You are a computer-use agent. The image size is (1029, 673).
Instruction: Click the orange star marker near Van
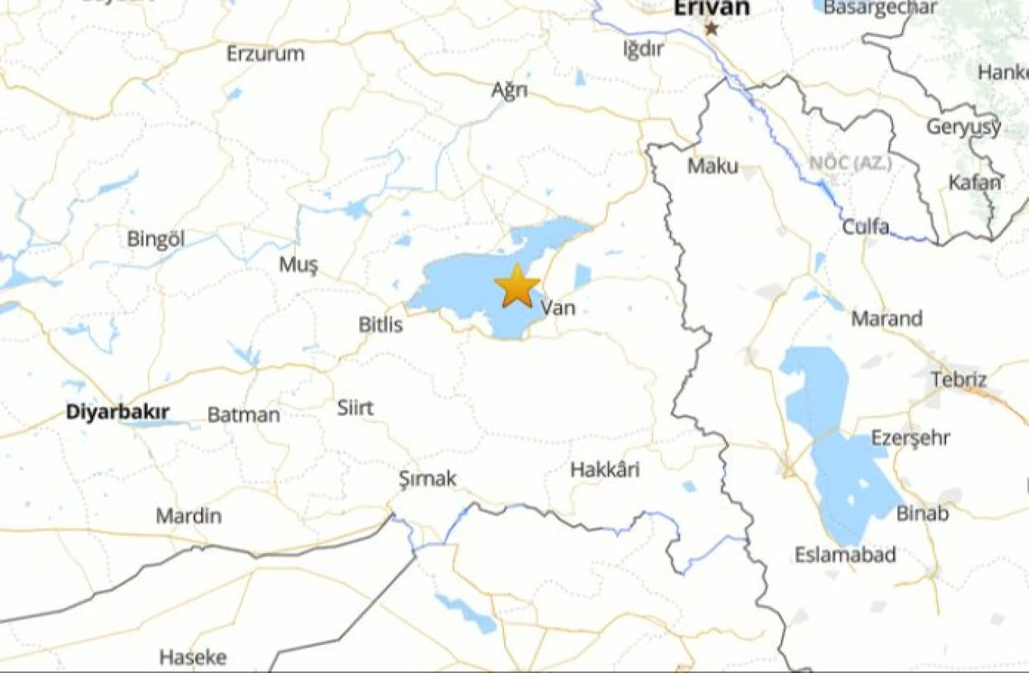(x=517, y=287)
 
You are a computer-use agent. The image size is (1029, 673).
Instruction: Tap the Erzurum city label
(x=265, y=54)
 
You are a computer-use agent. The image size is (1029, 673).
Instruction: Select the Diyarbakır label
(x=117, y=412)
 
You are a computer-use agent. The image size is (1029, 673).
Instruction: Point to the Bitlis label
(x=380, y=325)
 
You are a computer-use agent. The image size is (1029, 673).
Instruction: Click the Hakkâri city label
(x=605, y=470)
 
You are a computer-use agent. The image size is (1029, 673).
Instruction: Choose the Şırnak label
(x=428, y=479)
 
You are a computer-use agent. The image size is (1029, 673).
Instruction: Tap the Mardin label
(x=188, y=515)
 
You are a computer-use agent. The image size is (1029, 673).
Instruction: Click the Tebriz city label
(x=959, y=379)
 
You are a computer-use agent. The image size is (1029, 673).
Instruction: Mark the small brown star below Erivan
(x=711, y=29)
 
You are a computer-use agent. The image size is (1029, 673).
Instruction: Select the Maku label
(x=712, y=166)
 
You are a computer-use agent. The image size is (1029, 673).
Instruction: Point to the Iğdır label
(x=644, y=49)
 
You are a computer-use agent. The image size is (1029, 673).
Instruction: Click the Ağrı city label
(x=510, y=90)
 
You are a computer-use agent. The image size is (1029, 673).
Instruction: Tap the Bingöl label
(x=156, y=239)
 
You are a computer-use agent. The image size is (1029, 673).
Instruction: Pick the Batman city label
(x=244, y=415)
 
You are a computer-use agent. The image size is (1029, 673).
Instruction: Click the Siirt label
(x=355, y=408)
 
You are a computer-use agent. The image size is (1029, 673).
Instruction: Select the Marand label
(x=887, y=318)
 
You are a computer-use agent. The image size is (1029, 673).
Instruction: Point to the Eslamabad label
(x=845, y=555)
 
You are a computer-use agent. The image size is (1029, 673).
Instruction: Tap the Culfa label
(x=866, y=227)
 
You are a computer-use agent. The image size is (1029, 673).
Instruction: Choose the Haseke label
(x=193, y=657)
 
